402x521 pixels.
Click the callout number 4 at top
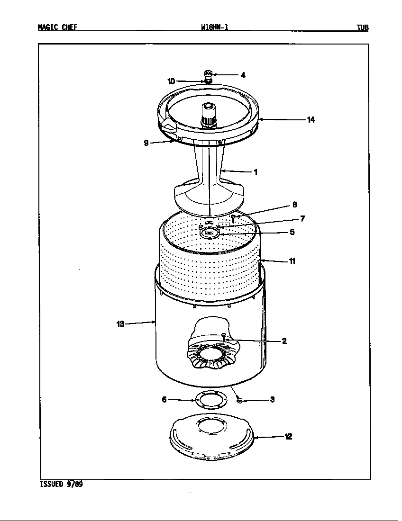(x=243, y=75)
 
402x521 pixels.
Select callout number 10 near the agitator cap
(x=171, y=81)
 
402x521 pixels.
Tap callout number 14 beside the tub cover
(x=311, y=120)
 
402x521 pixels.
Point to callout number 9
(x=146, y=142)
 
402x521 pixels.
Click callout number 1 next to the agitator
(x=256, y=172)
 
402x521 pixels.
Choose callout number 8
(x=294, y=205)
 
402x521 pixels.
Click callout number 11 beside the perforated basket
(x=292, y=261)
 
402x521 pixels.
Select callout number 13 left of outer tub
(x=120, y=324)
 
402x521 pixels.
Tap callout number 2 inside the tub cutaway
(x=284, y=341)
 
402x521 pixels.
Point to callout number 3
(x=272, y=399)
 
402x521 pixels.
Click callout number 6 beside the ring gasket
(x=164, y=399)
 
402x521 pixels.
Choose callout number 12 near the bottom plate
(x=288, y=437)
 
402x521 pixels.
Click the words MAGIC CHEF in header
(x=57, y=27)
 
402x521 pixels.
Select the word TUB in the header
(x=363, y=27)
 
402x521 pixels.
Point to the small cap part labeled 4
(x=208, y=73)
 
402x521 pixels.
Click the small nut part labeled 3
(x=239, y=401)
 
